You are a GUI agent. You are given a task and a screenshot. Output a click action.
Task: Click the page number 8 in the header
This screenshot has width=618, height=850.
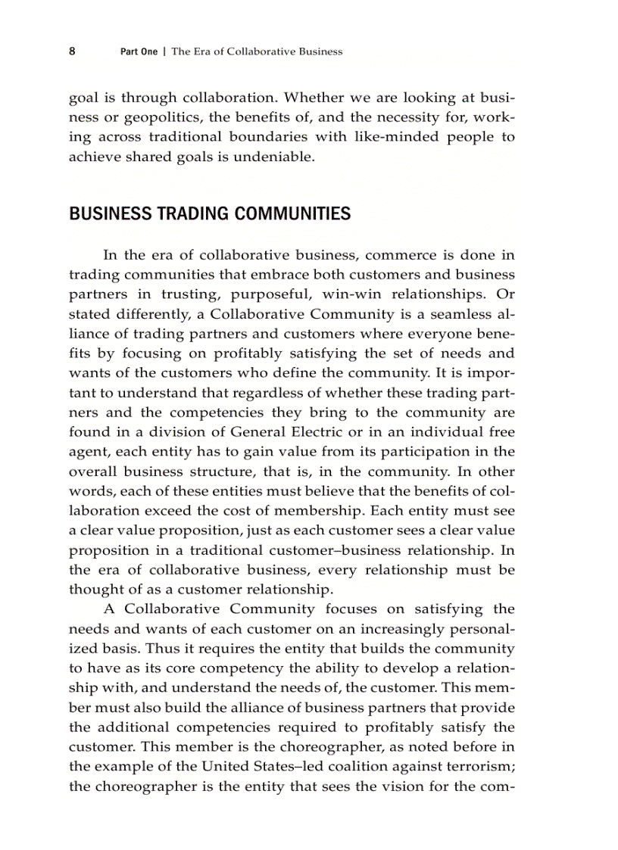[x=72, y=51]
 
